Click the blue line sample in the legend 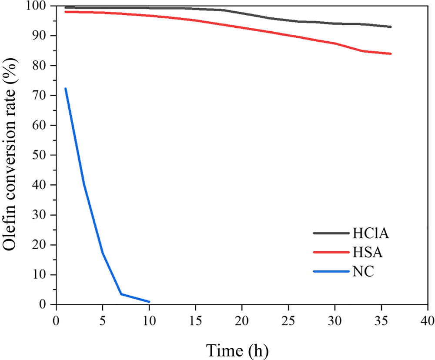[331, 272]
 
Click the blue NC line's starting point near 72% [65, 88]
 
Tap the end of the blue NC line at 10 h [149, 302]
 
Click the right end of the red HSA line [391, 53]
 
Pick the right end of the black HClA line [391, 27]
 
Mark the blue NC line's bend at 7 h [121, 294]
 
